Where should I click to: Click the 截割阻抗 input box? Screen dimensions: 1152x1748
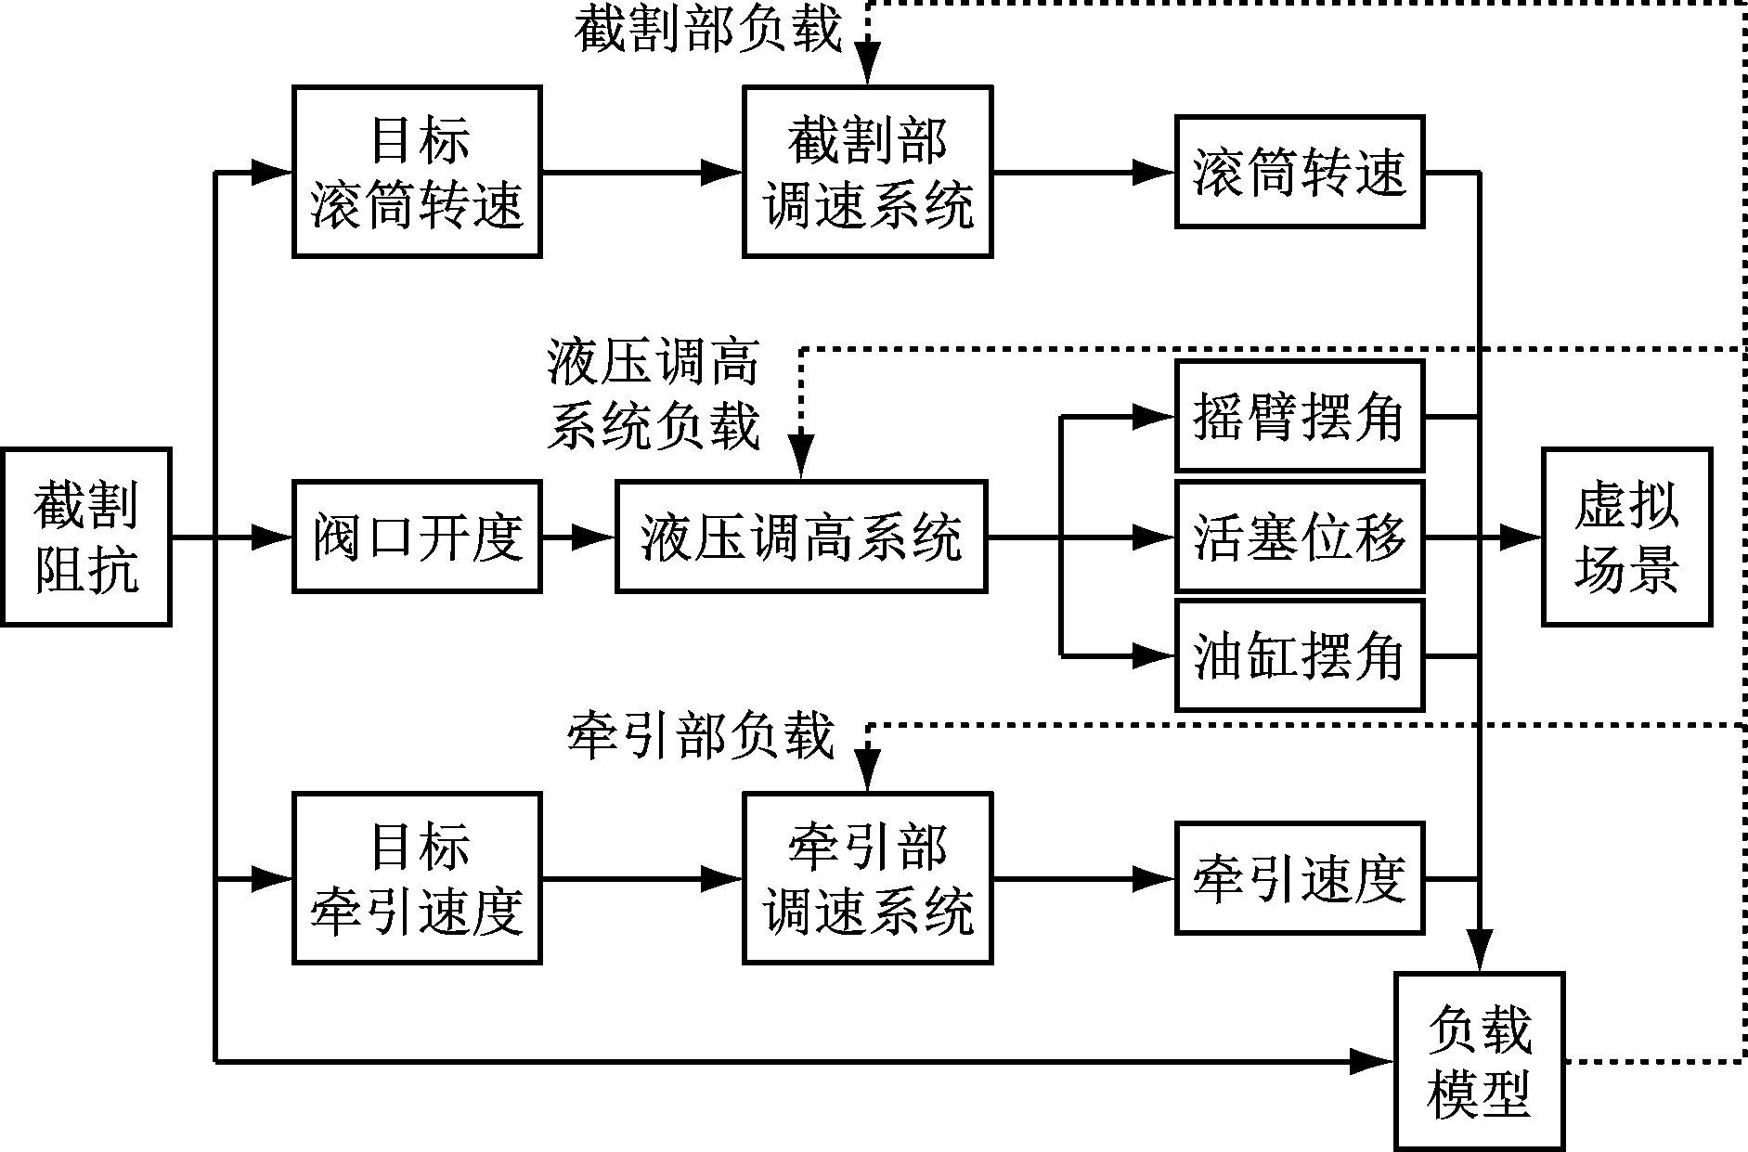tap(85, 537)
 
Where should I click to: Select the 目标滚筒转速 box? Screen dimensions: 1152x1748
tap(417, 172)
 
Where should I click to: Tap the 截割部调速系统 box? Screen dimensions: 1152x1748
tap(867, 172)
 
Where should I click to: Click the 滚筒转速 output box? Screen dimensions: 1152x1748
tap(1299, 172)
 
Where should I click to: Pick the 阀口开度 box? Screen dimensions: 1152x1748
tap(417, 537)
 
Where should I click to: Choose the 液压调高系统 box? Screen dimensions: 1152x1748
tap(800, 537)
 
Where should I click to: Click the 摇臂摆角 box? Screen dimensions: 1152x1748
tap(1299, 416)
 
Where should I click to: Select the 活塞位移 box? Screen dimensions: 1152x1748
tap(1299, 537)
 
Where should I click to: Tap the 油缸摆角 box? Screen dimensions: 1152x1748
tap(1299, 656)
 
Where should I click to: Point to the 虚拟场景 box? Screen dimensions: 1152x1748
tap(1626, 537)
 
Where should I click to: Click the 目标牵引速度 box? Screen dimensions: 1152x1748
tap(417, 878)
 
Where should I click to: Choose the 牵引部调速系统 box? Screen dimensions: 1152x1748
tap(867, 878)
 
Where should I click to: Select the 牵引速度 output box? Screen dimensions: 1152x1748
tap(1299, 878)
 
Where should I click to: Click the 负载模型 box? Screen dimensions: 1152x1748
tap(1479, 1061)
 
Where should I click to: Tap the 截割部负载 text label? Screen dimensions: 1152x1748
tap(707, 30)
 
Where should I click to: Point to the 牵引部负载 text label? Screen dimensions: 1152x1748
tap(701, 738)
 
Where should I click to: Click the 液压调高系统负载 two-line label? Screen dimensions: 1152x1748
tap(654, 395)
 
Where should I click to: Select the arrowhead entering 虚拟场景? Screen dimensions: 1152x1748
tap(1522, 537)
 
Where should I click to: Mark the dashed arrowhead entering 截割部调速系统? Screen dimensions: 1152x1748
tap(867, 67)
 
